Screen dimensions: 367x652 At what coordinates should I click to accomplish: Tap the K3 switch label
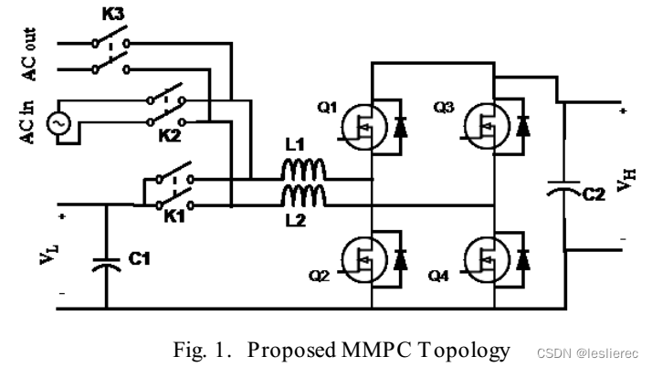point(108,16)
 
